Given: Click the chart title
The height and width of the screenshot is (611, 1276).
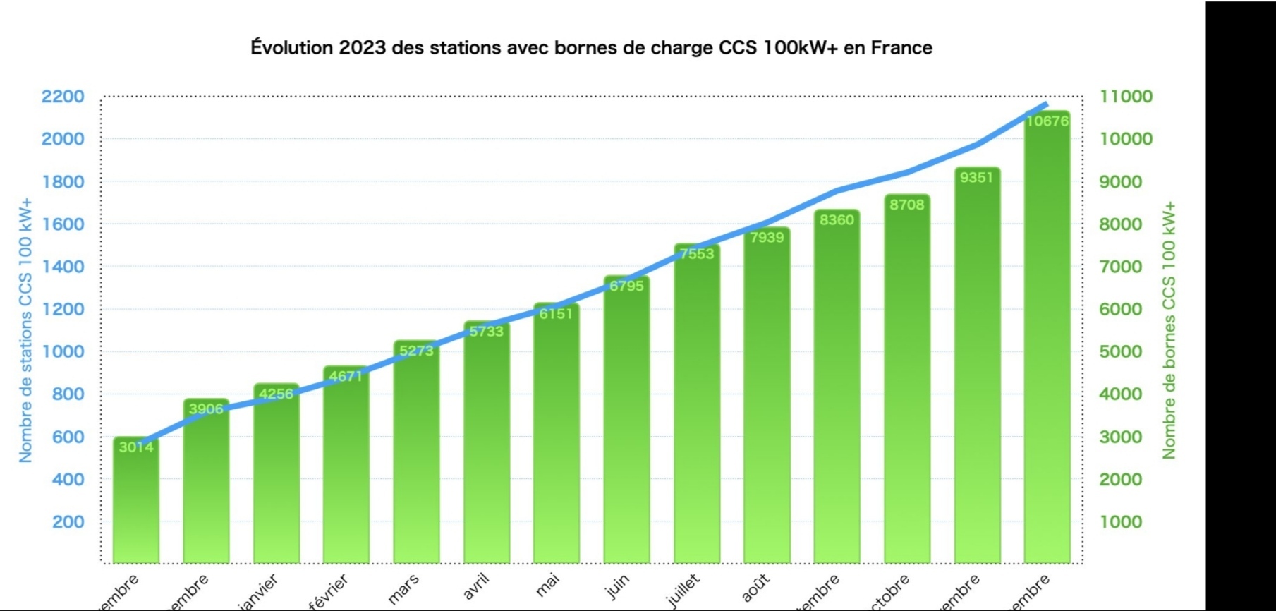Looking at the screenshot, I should (x=591, y=48).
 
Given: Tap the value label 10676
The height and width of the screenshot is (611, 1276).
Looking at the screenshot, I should (x=1047, y=121).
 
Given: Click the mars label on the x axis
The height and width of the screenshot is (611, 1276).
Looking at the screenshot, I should (x=403, y=588).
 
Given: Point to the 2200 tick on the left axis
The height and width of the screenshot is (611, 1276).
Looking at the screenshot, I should (x=62, y=96).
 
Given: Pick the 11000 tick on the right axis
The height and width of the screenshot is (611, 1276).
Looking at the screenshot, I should (x=1126, y=96).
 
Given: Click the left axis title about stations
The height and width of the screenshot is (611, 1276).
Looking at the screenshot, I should (x=26, y=330).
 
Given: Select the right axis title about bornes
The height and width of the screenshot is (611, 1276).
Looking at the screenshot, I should (x=1169, y=330).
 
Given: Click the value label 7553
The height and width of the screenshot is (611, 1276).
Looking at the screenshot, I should (x=697, y=254).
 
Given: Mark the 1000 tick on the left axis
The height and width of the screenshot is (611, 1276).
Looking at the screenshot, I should (x=62, y=351).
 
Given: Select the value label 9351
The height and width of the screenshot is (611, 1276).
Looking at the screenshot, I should (x=976, y=178).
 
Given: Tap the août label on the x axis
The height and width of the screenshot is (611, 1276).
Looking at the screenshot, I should (x=755, y=587).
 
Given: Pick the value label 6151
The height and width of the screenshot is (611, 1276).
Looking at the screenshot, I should (x=556, y=314).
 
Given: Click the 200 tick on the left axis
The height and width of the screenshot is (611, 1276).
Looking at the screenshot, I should (x=68, y=522).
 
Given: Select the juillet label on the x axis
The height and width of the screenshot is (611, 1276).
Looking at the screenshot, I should (x=683, y=590).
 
